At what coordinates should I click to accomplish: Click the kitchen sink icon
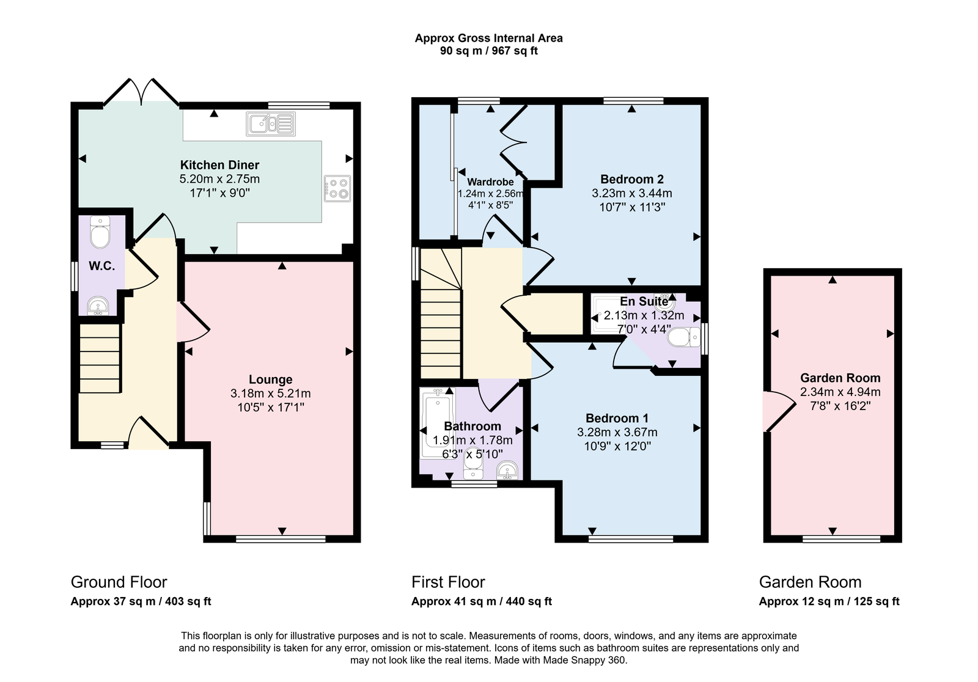click(271, 123)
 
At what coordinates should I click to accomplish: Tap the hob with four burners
click(337, 188)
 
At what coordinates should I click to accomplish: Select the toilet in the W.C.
click(100, 232)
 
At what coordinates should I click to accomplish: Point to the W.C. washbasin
click(98, 306)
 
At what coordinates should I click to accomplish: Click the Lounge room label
click(271, 380)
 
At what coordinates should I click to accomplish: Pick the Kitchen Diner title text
click(219, 165)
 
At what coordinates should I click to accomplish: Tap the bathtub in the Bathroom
click(438, 423)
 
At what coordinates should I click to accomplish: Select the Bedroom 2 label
click(632, 179)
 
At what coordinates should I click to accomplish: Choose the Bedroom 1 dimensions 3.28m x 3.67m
click(617, 432)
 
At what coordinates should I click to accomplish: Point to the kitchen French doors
click(141, 92)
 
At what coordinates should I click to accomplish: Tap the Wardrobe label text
click(490, 182)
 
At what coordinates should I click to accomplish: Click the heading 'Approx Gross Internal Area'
click(488, 38)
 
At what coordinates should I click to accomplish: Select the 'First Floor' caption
click(448, 582)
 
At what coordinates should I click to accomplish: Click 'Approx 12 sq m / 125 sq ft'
click(829, 601)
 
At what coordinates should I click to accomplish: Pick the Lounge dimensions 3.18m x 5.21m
click(271, 394)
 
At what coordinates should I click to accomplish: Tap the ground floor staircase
click(100, 358)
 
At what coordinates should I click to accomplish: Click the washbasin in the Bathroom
click(507, 470)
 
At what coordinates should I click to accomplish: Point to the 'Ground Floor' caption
click(119, 582)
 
